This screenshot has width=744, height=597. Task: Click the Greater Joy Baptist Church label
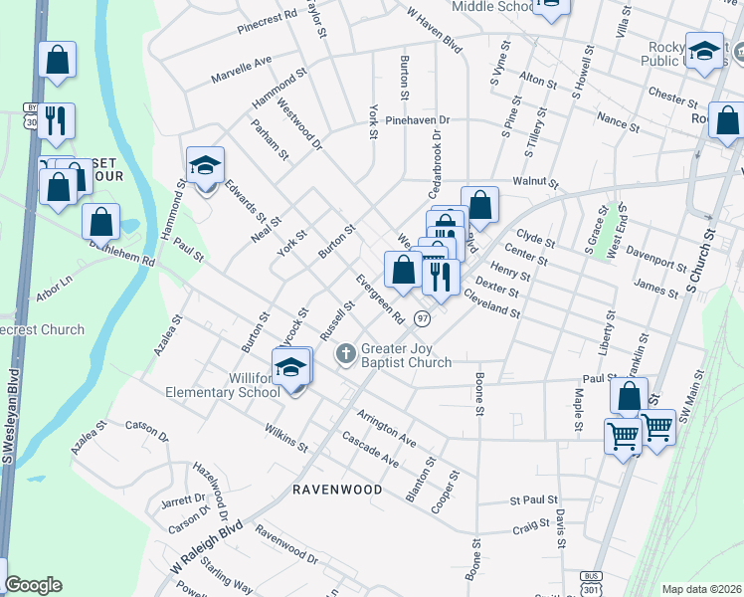click(406, 356)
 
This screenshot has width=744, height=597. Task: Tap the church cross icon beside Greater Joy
click(345, 352)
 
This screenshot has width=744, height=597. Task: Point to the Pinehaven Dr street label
click(418, 120)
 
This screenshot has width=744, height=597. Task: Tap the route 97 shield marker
click(423, 318)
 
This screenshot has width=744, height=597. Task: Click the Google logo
click(33, 585)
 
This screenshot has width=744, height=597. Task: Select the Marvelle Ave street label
click(241, 70)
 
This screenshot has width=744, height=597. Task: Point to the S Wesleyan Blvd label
click(11, 418)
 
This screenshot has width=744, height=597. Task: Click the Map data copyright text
click(701, 589)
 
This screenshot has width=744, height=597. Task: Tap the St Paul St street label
click(534, 500)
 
